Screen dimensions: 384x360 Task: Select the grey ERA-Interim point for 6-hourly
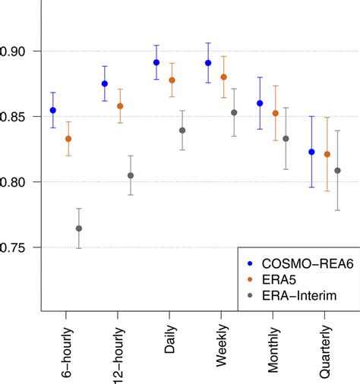[79, 228]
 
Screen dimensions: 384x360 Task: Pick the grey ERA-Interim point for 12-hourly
[131, 175]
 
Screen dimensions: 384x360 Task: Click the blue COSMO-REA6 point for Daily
[156, 62]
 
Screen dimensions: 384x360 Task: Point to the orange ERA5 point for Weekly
[223, 77]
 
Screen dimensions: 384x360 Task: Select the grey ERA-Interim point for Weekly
[234, 112]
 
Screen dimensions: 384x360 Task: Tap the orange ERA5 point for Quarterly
[327, 154]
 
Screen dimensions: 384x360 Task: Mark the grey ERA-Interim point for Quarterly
[337, 171]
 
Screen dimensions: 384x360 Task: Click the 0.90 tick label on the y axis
[17, 51]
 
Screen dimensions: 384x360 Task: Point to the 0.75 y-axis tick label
[17, 248]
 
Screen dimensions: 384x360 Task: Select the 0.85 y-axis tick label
[17, 117]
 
